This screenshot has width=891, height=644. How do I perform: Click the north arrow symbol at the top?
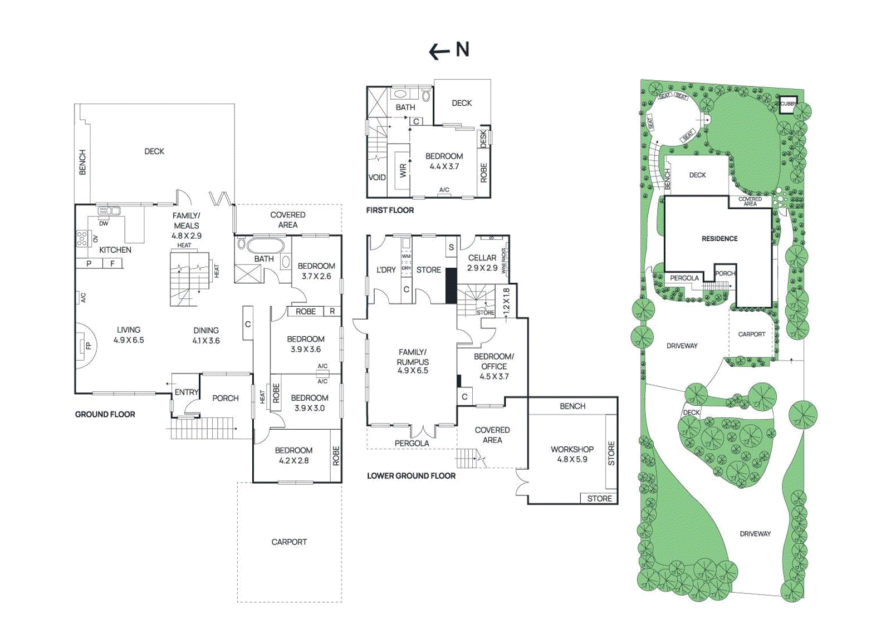[449, 51]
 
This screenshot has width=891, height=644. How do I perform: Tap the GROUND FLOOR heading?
[105, 414]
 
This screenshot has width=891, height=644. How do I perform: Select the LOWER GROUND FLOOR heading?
[411, 476]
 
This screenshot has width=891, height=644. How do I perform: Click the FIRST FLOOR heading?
[390, 210]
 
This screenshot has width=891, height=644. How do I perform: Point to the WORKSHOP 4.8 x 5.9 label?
[572, 454]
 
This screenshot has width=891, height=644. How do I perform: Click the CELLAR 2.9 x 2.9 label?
[482, 263]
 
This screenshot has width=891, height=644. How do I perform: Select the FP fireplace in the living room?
[87, 346]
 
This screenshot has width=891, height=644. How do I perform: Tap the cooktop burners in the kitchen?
[82, 239]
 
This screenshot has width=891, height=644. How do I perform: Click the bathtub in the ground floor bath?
[265, 245]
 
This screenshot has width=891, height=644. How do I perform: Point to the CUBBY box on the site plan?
[787, 104]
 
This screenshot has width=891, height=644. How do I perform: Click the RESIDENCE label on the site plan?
[719, 239]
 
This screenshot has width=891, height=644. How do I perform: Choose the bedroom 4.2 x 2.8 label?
[293, 455]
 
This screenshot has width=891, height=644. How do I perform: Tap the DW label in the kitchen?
[104, 224]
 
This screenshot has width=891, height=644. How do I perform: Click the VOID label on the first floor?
[377, 178]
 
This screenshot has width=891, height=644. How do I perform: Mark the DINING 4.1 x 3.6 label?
[206, 335]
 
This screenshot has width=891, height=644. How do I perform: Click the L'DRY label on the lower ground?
[386, 270]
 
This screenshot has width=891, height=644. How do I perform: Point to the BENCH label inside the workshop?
[572, 406]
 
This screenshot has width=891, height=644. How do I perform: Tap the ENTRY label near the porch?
[186, 392]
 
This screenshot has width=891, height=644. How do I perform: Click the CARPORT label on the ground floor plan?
[289, 542]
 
